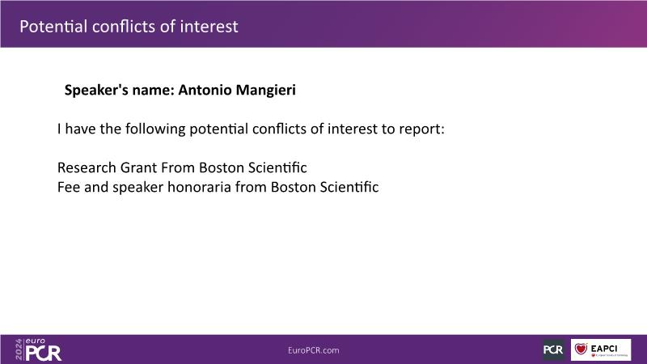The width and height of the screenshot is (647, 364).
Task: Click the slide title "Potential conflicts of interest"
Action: tap(129, 27)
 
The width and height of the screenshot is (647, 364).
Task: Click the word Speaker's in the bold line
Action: tap(96, 91)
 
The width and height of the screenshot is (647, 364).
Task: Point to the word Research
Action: tap(87, 167)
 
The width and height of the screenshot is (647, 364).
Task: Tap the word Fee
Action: tap(69, 187)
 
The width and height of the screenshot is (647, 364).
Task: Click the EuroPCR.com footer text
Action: tap(314, 350)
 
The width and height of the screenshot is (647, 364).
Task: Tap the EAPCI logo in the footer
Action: tap(601, 349)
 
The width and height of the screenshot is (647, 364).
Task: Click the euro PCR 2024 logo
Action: tap(38, 349)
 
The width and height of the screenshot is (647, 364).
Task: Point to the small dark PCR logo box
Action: tap(553, 349)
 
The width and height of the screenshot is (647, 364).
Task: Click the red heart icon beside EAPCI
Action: tap(581, 349)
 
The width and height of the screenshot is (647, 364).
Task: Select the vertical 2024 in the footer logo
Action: tap(19, 349)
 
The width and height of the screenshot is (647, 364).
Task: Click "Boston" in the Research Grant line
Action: tap(222, 167)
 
